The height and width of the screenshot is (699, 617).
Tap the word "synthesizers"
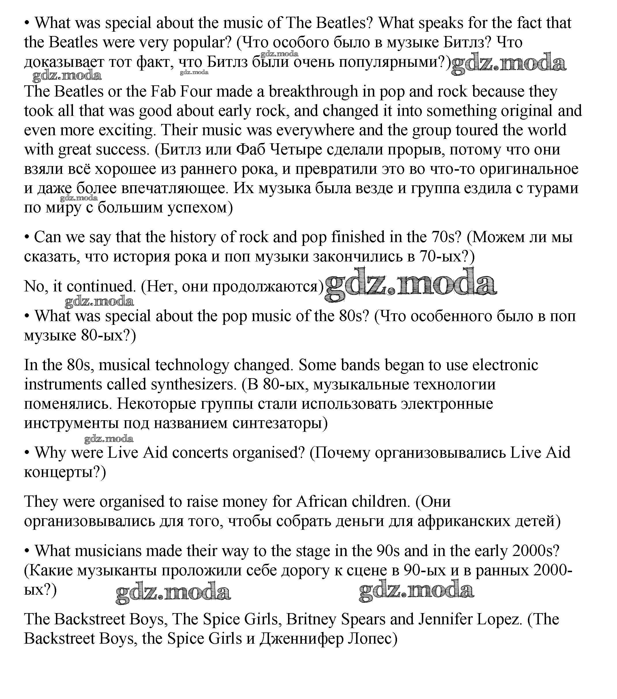click(193, 385)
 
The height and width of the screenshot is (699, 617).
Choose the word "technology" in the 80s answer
click(191, 365)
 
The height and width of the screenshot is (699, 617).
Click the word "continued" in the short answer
click(101, 286)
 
